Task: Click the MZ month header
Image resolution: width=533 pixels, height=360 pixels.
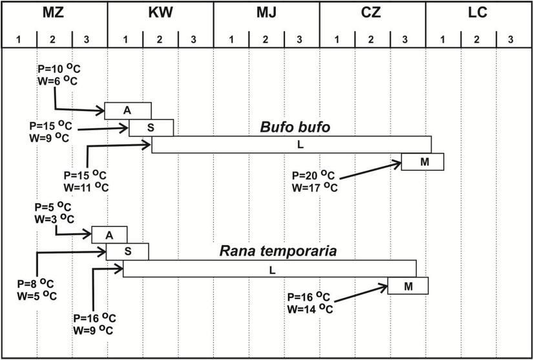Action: [x=54, y=13]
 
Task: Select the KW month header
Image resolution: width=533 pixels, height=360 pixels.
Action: [x=160, y=13]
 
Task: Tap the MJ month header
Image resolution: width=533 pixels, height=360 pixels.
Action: [x=266, y=13]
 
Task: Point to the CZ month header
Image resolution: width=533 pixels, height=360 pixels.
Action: [x=372, y=13]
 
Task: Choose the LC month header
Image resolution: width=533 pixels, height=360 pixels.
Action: [x=478, y=13]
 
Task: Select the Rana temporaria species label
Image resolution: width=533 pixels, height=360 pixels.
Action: [x=278, y=251]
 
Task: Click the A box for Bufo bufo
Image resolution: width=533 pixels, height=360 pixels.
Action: [x=128, y=111]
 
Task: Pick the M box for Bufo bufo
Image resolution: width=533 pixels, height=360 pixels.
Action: [x=423, y=162]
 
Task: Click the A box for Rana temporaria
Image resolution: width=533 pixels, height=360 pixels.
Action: [x=109, y=235]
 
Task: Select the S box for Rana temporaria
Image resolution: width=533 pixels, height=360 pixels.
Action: [x=127, y=251]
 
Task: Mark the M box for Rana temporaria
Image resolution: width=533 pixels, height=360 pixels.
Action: [x=408, y=286]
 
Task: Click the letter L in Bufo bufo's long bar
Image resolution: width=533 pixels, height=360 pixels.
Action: [x=300, y=145]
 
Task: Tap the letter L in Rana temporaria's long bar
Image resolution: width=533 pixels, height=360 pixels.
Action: [x=272, y=268]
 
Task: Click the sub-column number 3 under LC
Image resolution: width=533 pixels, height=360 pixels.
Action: [x=510, y=40]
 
